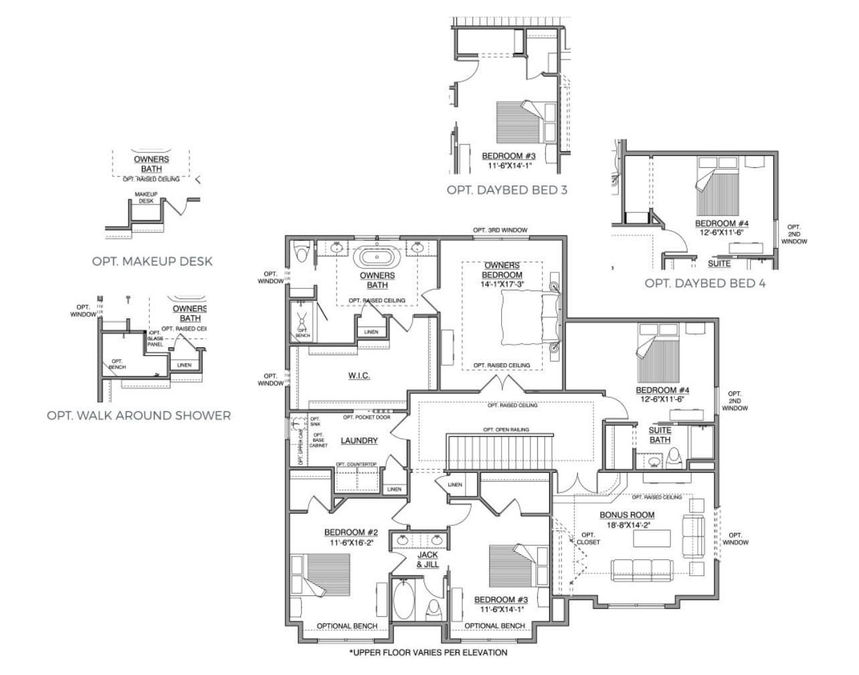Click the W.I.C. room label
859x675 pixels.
359,376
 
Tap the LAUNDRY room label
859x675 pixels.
359,441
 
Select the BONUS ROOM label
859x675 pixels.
626,515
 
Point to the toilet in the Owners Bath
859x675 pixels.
300,253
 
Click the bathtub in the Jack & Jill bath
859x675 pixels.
403,599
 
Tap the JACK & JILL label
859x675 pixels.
427,559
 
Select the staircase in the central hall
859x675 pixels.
500,453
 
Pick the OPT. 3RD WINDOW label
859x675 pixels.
500,230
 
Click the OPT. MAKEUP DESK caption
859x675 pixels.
152,261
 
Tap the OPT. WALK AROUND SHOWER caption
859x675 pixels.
138,415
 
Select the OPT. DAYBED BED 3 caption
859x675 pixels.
506,190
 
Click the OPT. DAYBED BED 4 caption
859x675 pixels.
704,283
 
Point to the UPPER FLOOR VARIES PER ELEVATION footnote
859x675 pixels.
428,652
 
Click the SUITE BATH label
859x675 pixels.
660,435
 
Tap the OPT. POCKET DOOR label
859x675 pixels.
366,417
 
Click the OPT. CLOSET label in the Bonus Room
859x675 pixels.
588,539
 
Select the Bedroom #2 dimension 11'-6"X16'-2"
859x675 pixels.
351,543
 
